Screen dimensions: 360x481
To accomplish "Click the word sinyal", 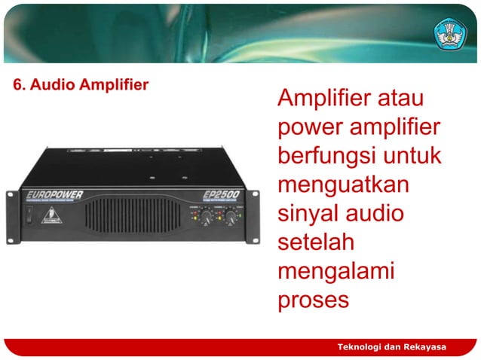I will point(309,214).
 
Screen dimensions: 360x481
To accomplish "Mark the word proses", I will point(313,301).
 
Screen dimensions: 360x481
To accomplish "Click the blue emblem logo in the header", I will point(450,32).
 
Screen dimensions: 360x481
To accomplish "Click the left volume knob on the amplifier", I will point(205,216).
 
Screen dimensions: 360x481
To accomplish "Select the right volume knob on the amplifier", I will point(228,216).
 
